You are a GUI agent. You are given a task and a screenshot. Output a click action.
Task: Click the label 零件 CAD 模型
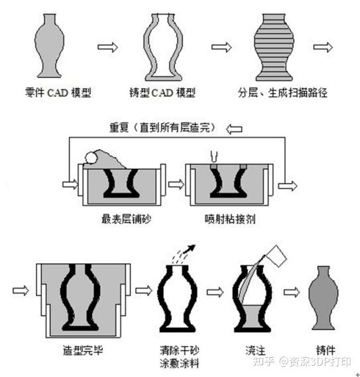(58, 93)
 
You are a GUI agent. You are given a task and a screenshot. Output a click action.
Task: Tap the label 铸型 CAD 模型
(162, 93)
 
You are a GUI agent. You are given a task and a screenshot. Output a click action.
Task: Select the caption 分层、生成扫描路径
(282, 93)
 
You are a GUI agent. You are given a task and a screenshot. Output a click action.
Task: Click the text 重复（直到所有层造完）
(163, 127)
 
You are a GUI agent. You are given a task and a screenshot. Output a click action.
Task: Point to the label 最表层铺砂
(127, 219)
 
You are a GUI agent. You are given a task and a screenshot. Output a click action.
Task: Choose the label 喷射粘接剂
(230, 219)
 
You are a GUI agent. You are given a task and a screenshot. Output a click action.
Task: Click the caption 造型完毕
(83, 350)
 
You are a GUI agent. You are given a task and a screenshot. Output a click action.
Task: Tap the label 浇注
(255, 350)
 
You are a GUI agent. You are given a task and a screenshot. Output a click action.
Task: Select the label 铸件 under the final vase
(326, 350)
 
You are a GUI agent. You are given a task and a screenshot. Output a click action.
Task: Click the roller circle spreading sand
(91, 158)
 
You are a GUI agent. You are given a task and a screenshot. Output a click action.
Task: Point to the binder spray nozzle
(213, 156)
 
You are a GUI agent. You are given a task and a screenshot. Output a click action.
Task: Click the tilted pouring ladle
(276, 256)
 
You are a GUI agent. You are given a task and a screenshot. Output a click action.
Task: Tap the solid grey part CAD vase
(49, 46)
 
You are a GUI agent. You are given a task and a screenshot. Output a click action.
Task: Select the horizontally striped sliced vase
(274, 47)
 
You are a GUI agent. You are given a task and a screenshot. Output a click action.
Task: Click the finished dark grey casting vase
(324, 297)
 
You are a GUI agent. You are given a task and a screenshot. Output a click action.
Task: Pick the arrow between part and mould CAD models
(107, 47)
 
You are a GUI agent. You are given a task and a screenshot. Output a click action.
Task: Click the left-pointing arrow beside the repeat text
(234, 129)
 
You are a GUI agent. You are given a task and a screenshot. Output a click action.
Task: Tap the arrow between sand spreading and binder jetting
(176, 184)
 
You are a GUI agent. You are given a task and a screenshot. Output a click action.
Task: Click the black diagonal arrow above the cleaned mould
(189, 249)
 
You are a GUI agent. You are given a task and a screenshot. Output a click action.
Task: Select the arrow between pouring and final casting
(292, 292)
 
